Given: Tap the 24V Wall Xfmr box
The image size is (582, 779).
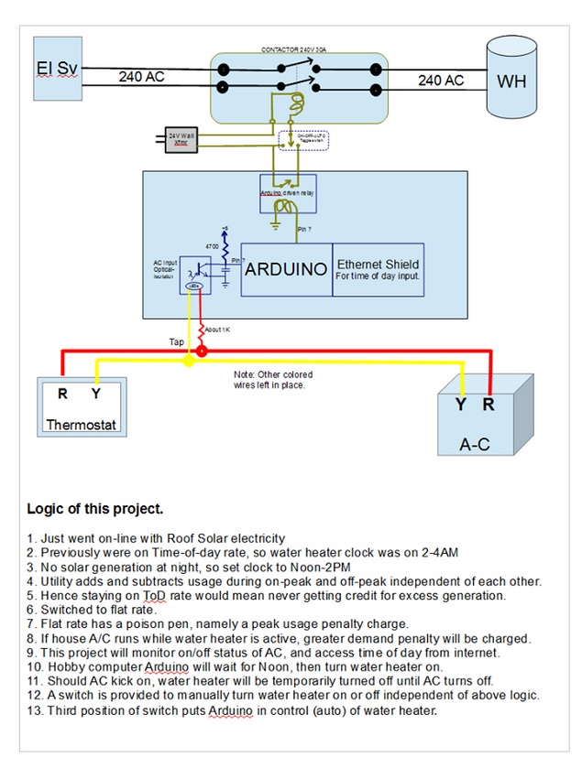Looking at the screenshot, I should pos(181,138).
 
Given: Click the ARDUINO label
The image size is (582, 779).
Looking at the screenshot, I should pos(286,270).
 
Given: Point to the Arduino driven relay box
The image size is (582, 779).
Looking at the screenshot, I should pos(288,191).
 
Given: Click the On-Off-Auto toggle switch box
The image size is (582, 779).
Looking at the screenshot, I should pos(302,140).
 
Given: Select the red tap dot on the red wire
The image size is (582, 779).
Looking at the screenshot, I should pos(202,351).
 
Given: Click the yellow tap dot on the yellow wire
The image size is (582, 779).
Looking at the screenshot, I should pos(189,362).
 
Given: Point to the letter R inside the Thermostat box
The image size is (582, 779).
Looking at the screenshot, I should pos(61,395).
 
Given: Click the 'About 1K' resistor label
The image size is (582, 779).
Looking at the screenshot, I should pos(219,327).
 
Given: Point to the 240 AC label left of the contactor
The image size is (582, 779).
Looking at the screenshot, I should pos(141,78).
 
